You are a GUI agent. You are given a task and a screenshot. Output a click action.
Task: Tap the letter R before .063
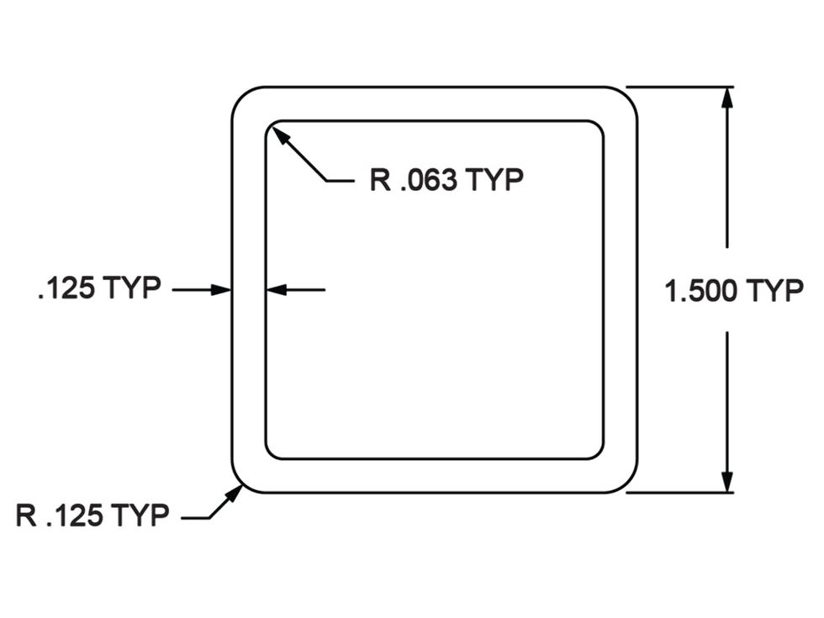click(380, 181)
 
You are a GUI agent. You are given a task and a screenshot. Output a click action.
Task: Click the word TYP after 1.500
click(774, 292)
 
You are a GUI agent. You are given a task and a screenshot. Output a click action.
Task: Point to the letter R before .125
click(26, 515)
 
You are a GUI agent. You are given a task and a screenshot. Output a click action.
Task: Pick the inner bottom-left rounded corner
click(271, 453)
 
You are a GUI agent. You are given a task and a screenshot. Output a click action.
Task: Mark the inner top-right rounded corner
click(598, 127)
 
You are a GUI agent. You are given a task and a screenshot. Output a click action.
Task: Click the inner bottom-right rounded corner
click(598, 453)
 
